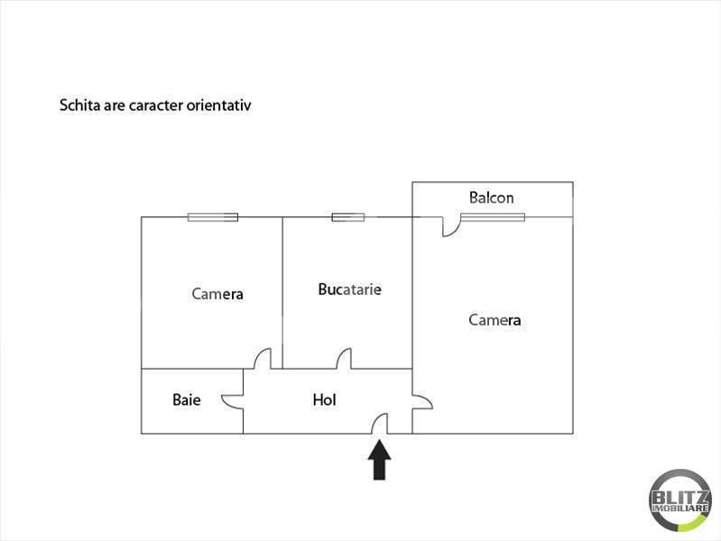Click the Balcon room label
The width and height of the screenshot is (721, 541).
pos(491,197)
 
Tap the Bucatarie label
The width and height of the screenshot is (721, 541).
pos(349,289)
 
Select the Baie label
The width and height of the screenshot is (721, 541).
pos(186,399)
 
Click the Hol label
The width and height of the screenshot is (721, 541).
pos(324,399)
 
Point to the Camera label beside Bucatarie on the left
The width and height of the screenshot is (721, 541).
pos(217,294)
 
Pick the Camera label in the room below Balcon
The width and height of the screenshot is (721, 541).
pos(495,320)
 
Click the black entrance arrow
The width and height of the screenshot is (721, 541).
pos(379,460)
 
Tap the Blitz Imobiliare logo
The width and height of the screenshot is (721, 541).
pos(680,500)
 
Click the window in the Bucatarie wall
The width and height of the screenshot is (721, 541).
pos(348,217)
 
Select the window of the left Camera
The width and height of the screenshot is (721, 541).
pos(213,217)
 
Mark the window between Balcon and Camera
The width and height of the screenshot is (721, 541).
pos(493,217)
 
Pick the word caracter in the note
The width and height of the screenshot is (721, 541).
pos(156,105)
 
